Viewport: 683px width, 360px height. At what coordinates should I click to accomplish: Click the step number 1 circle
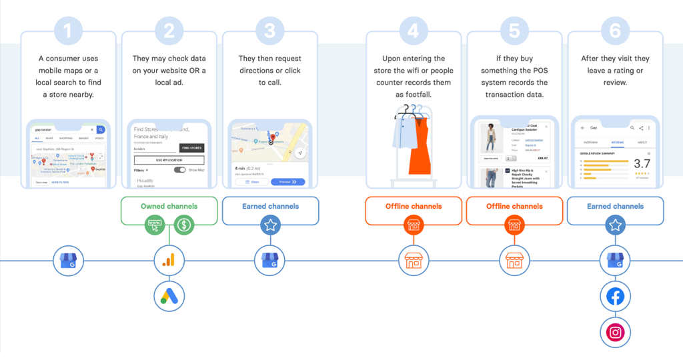69,30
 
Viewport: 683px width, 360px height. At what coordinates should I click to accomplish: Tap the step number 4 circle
414,30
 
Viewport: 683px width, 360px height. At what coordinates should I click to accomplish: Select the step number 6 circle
615,30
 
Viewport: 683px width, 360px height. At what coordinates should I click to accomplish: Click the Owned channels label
169,206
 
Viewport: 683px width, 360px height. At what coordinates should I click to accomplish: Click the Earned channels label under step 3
270,206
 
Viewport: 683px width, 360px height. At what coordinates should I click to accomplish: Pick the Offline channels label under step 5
514,206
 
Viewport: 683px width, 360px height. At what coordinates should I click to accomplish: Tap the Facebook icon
615,296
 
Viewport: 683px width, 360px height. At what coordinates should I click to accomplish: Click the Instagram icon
615,332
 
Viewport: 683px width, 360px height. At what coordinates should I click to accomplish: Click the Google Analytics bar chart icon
169,260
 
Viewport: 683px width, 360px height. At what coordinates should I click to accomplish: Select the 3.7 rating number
642,163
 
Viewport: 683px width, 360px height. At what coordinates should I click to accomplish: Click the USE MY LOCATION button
169,160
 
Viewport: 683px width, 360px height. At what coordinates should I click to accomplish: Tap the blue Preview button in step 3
287,181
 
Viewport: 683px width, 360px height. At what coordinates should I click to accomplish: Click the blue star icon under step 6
615,225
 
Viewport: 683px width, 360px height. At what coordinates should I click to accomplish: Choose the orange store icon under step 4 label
414,225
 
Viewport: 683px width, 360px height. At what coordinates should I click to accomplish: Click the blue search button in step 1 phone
101,129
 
